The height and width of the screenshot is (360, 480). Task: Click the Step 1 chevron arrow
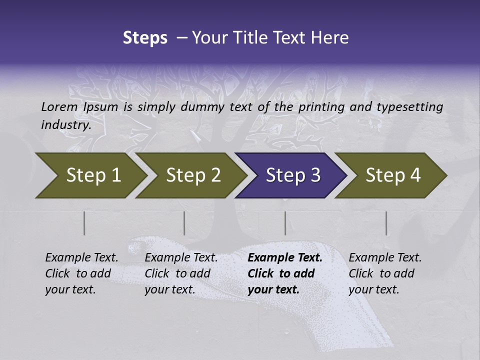[92, 175]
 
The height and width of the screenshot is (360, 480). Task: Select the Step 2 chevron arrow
[192, 175]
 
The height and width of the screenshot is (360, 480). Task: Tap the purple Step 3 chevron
[292, 175]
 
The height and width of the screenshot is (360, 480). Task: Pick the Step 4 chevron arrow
[392, 175]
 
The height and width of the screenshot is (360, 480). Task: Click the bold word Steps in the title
[145, 38]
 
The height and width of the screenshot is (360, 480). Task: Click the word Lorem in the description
[59, 106]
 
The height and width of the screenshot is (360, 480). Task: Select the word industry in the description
[65, 124]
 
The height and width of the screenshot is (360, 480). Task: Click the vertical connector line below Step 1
[84, 223]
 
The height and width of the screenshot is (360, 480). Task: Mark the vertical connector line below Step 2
[184, 223]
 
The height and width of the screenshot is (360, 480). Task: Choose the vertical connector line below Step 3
[285, 223]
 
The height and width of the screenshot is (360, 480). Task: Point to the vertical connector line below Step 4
[386, 223]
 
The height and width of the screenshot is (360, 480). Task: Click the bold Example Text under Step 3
[285, 258]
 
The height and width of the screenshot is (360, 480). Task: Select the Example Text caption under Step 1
[81, 258]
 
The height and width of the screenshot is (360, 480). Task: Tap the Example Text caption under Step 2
[181, 258]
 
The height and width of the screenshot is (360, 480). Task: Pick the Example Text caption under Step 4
[385, 258]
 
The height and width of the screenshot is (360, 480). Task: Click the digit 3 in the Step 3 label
[315, 175]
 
